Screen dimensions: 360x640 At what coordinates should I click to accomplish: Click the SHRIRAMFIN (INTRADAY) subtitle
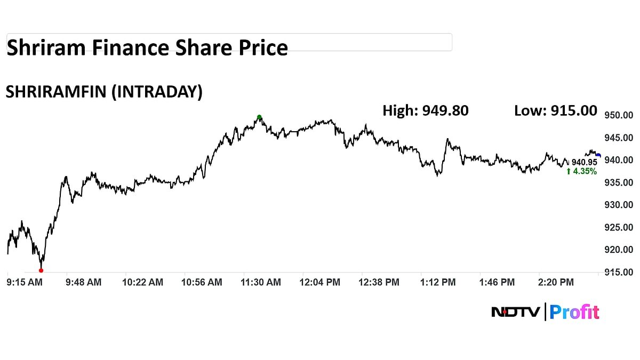pyautogui.click(x=104, y=92)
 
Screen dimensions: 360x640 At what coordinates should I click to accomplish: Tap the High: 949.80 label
pyautogui.click(x=426, y=110)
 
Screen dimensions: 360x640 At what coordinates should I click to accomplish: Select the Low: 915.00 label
pyautogui.click(x=556, y=110)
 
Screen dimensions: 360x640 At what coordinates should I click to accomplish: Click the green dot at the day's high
pyautogui.click(x=259, y=117)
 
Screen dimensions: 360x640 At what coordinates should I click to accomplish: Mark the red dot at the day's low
pyautogui.click(x=41, y=270)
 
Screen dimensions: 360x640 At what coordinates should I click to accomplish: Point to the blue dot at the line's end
pyautogui.click(x=598, y=156)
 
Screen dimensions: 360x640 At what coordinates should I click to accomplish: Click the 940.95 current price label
pyautogui.click(x=584, y=162)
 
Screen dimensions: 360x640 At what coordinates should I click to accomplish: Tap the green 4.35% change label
pyautogui.click(x=581, y=172)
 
